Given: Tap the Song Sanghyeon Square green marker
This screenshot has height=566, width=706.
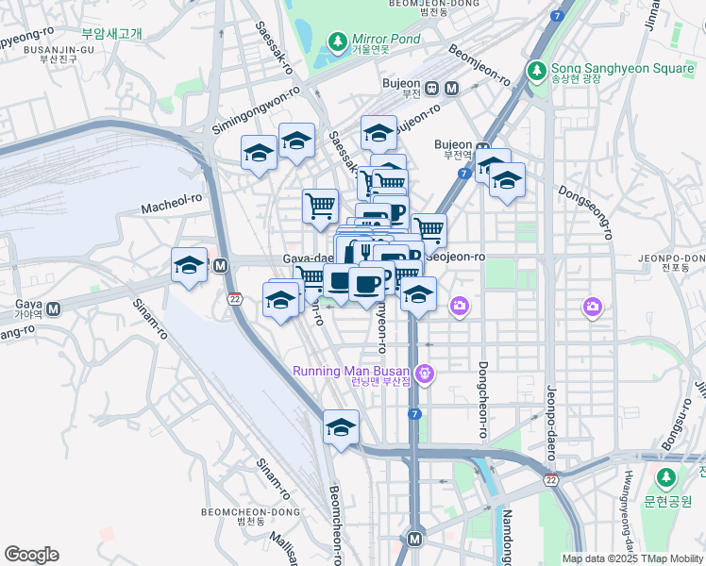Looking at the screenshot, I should pos(537,70).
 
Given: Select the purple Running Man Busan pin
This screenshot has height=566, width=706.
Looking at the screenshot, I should pos(426,375).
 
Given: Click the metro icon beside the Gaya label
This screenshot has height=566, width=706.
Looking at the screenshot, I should pos(54,308).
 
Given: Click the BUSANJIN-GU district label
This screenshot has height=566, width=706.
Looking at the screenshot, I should pos(32,49).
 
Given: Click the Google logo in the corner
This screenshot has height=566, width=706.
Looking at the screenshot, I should pos(31,555).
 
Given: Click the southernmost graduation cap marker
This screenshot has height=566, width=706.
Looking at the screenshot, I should pos(341,427).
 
